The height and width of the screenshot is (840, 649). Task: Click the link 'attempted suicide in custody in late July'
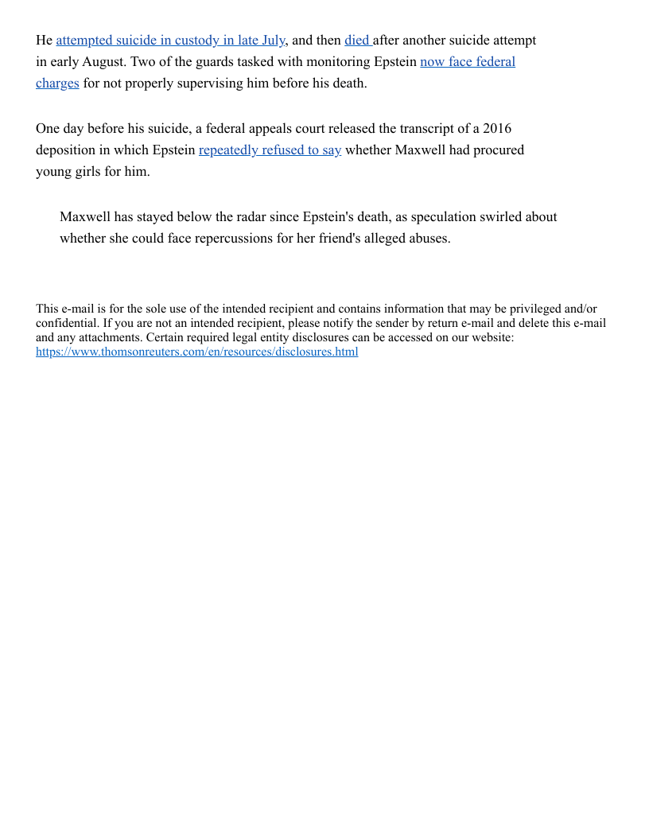pyautogui.click(x=170, y=41)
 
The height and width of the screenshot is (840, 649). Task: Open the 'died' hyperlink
pyautogui.click(x=356, y=41)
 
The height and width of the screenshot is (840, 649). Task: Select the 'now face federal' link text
pyautogui.click(x=467, y=62)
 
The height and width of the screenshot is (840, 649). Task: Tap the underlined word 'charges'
pyautogui.click(x=57, y=84)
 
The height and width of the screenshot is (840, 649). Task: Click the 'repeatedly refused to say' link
pyautogui.click(x=270, y=150)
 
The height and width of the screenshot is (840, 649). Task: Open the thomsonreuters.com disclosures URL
pyautogui.click(x=196, y=352)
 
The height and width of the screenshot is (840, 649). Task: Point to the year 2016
pyautogui.click(x=496, y=129)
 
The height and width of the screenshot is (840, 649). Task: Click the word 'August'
pyautogui.click(x=101, y=62)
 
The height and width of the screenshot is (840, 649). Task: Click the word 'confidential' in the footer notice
pyautogui.click(x=67, y=323)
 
